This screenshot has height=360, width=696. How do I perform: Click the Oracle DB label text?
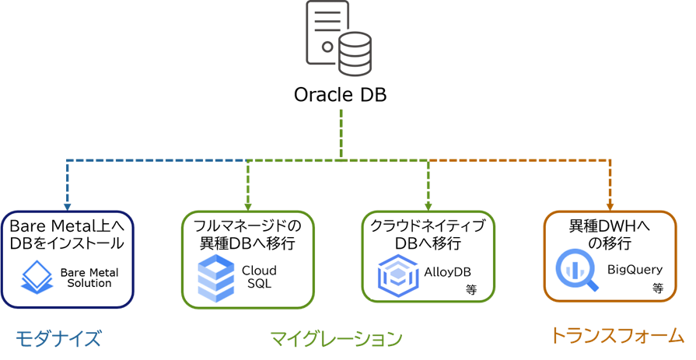[x=340, y=95]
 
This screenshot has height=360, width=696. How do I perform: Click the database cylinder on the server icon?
[x=355, y=53]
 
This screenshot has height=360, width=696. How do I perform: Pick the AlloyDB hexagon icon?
[x=397, y=277]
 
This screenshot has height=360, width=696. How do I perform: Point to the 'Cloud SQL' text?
[x=259, y=277]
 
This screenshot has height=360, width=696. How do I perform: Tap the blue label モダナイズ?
[x=58, y=338]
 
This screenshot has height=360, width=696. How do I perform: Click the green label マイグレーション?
[x=336, y=338]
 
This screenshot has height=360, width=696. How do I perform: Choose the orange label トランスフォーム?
[x=617, y=336]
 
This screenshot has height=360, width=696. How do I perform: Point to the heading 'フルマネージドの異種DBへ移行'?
[x=247, y=233]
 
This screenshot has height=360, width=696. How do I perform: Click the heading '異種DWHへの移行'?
[x=609, y=233]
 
